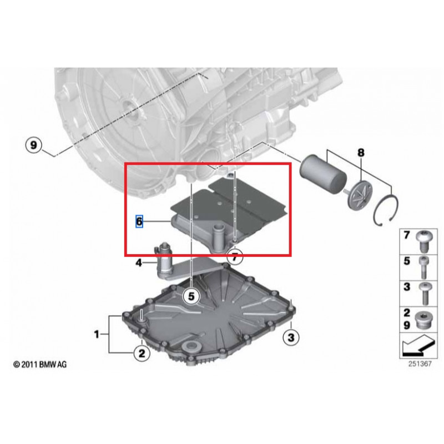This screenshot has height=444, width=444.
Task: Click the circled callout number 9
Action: coord(33,145)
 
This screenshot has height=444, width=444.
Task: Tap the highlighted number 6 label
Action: coord(140,221)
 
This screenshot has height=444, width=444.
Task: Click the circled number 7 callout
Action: coord(234,257)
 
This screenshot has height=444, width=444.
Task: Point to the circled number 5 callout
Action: coord(191,296)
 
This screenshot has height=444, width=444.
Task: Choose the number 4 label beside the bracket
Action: coord(139,263)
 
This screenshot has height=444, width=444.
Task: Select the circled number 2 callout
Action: coord(141,352)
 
